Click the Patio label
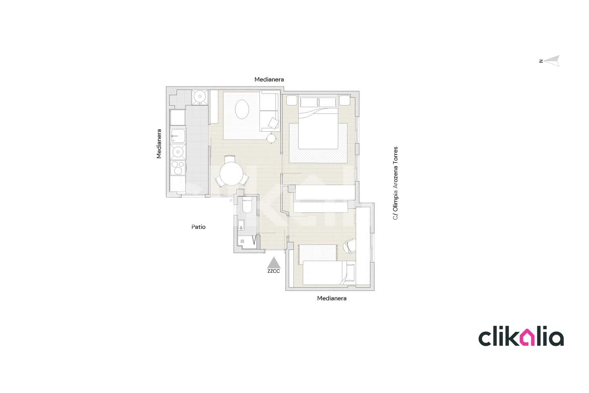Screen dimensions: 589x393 [x=199, y=227]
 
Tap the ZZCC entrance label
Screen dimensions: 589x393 [x=274, y=271]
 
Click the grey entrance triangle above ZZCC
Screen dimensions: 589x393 [x=274, y=263]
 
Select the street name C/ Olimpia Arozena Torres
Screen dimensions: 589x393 [x=395, y=183]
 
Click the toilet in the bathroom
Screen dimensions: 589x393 [x=247, y=205]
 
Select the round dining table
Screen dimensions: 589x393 [x=232, y=173]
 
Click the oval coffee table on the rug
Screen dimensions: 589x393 [x=242, y=109]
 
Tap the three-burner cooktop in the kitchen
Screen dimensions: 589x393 [x=178, y=168]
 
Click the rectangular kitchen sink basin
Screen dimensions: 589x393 [x=178, y=136]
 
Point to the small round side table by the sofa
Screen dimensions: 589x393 [x=271, y=138]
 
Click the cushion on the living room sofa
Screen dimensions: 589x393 [x=273, y=123]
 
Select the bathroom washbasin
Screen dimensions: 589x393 [x=241, y=225]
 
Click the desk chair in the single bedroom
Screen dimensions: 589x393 [x=349, y=246]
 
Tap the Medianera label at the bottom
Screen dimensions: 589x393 [x=331, y=298]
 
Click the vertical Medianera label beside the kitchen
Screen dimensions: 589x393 [x=159, y=144]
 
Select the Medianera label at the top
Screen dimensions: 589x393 [x=269, y=79]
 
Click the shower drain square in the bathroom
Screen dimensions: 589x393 [x=242, y=241]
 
